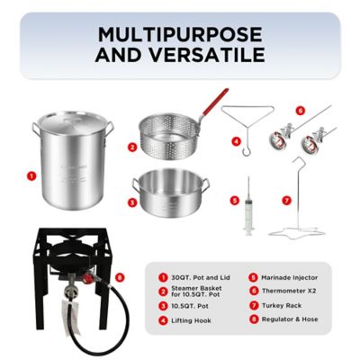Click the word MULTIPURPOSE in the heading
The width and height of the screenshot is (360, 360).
(x=181, y=34)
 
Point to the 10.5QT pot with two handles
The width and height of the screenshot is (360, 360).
(x=170, y=192)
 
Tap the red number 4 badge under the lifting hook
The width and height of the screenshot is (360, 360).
(x=237, y=141)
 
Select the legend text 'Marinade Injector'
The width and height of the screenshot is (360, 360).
(x=290, y=278)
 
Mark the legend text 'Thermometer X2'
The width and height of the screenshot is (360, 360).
(x=289, y=292)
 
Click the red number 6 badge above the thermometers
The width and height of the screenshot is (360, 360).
(x=301, y=111)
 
